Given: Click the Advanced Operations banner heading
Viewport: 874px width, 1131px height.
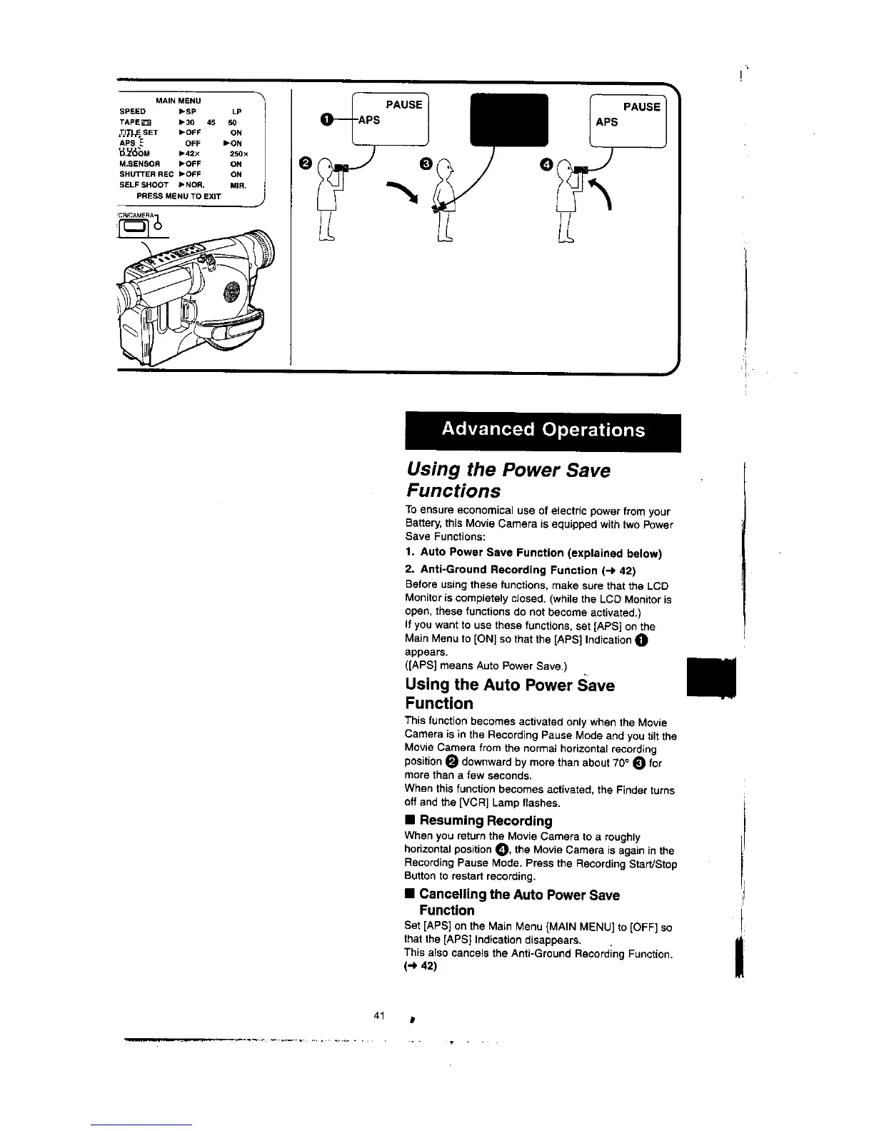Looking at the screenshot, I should [543, 430].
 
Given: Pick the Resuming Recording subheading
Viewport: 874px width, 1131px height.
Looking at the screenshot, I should [486, 820].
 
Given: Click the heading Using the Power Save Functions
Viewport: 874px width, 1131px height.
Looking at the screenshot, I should [508, 481].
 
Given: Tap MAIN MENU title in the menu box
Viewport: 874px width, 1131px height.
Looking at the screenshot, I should [178, 101].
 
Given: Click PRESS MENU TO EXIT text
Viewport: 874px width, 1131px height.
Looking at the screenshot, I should [179, 196].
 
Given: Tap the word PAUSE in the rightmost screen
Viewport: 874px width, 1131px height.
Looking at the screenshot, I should [641, 107].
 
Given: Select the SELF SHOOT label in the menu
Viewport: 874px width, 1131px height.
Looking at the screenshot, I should [144, 185].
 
